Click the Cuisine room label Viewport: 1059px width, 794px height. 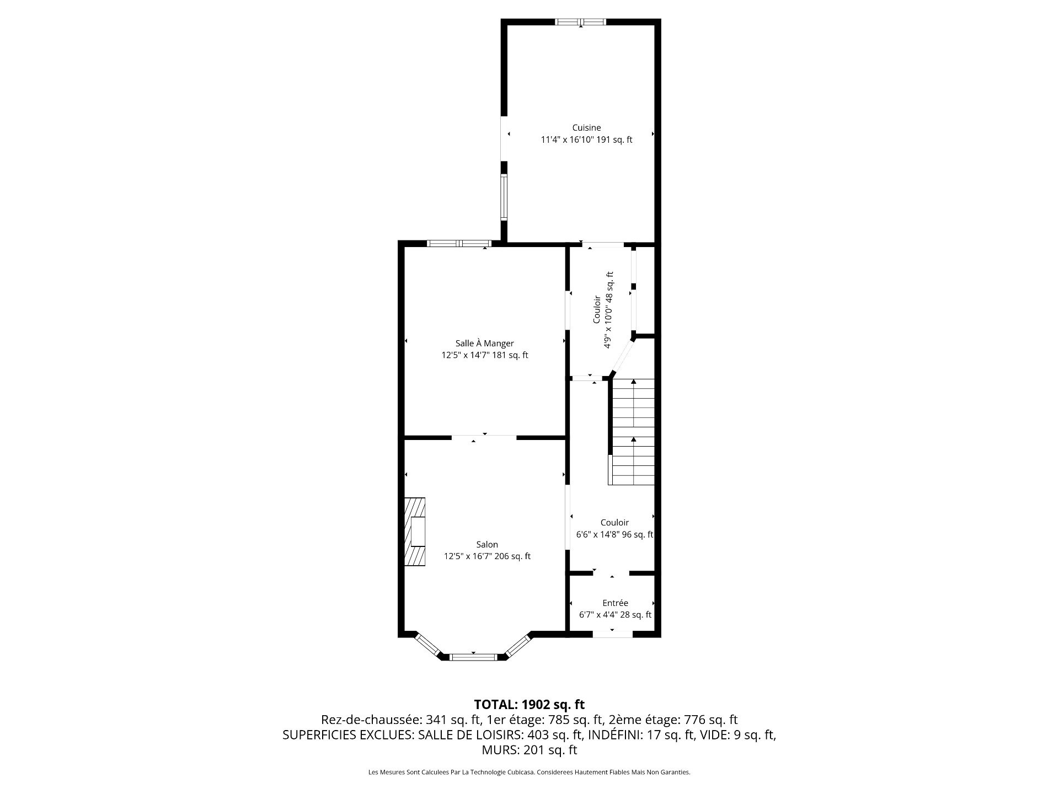[x=586, y=128]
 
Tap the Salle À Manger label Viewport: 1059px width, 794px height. [x=484, y=344]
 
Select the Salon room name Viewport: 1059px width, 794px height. [x=487, y=545]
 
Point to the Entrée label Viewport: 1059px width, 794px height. [x=615, y=603]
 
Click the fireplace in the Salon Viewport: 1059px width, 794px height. [x=415, y=532]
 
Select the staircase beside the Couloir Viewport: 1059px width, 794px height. [x=632, y=432]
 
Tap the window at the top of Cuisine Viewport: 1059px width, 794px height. [x=580, y=22]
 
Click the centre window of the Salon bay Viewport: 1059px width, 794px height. [x=474, y=657]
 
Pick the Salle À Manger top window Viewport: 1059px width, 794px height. [x=459, y=243]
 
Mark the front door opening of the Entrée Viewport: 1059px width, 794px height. [x=612, y=634]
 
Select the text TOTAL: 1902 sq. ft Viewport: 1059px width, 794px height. [x=529, y=704]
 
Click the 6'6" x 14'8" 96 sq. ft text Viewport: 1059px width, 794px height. [x=614, y=535]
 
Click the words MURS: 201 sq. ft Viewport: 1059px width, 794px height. [x=529, y=750]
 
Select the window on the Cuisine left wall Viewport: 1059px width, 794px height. [x=504, y=197]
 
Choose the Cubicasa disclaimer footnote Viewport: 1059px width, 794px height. [x=529, y=772]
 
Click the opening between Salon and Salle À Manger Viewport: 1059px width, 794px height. [x=484, y=438]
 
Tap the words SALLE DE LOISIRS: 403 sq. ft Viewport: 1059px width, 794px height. [x=500, y=735]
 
